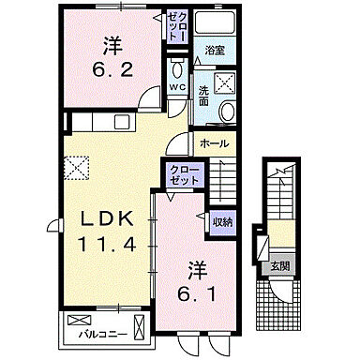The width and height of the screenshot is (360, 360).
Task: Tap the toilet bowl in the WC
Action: click(x=176, y=69)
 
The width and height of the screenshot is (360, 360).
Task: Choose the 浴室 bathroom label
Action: click(x=215, y=50)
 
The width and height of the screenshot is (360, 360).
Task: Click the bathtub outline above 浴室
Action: click(x=215, y=25)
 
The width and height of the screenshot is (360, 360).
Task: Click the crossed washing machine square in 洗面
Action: click(x=224, y=83)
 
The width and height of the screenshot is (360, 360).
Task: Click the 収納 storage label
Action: click(x=221, y=221)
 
